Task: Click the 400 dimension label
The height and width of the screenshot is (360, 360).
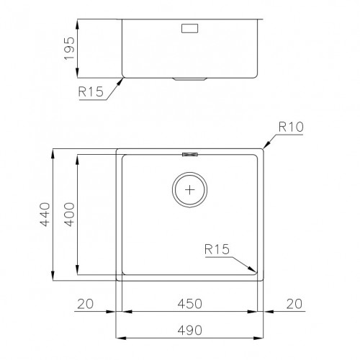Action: (x=69, y=214)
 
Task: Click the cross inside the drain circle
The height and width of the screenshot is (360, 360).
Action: (x=190, y=191)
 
